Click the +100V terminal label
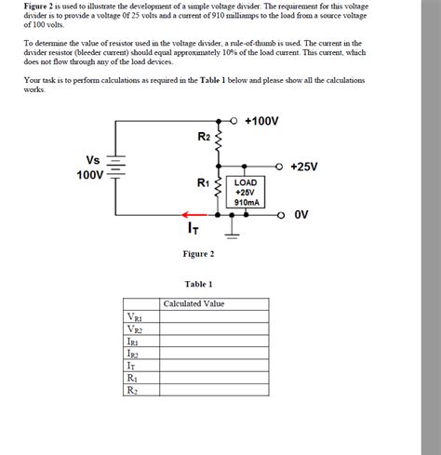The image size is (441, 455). click(266, 122)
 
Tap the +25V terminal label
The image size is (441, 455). click(303, 167)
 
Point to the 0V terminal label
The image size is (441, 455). click(301, 214)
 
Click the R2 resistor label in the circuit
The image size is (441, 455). click(205, 137)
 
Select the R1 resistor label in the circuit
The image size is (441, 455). click(204, 183)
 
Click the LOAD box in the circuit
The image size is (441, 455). click(247, 192)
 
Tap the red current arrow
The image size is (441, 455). click(194, 213)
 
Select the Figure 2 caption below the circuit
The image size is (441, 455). click(199, 254)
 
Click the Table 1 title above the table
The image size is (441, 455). click(199, 284)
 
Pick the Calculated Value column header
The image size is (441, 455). click(194, 303)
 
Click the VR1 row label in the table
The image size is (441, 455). click(134, 316)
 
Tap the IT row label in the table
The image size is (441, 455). click(131, 366)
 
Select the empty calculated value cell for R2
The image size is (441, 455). click(214, 390)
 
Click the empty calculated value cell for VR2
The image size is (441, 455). click(214, 328)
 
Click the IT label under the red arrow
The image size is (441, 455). click(193, 227)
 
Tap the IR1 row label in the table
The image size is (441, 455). click(133, 341)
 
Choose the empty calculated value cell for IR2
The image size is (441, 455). click(214, 354)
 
